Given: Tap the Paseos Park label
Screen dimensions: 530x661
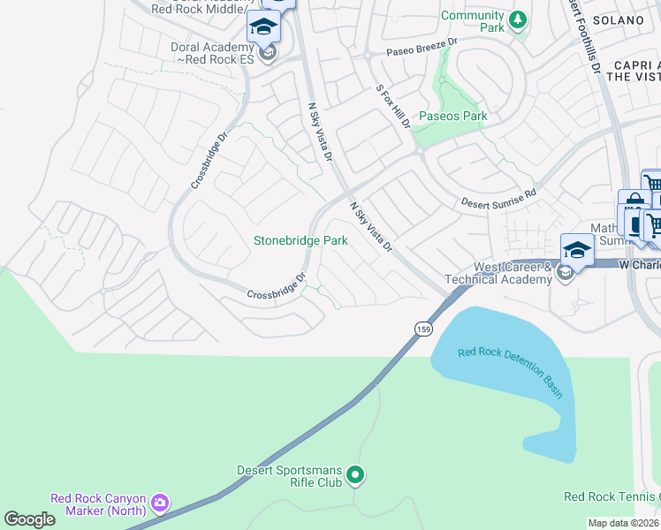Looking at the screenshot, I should (452, 117).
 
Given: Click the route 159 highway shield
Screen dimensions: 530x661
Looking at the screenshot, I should (423, 329).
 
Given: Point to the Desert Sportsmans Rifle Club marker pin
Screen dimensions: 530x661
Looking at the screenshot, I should (355, 476).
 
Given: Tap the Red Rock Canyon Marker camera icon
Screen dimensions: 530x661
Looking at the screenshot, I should (159, 503).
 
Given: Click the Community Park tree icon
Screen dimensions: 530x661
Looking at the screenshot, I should (517, 19).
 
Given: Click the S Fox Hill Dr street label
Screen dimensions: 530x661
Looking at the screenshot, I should (392, 106).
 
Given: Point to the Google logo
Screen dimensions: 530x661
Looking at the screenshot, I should (29, 519).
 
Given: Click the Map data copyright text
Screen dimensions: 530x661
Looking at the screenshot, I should (624, 523).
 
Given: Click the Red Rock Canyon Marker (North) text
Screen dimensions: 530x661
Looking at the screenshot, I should (99, 503).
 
